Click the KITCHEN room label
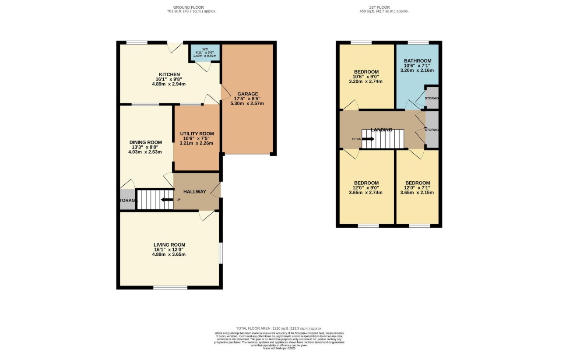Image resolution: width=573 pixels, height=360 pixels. pyautogui.click(x=169, y=74)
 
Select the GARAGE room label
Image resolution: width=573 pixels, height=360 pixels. pyautogui.click(x=248, y=94)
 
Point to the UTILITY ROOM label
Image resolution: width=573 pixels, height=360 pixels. pyautogui.click(x=197, y=134)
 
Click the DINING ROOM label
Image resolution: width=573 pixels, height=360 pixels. pyautogui.click(x=145, y=142)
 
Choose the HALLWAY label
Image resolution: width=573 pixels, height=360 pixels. pyautogui.click(x=194, y=192)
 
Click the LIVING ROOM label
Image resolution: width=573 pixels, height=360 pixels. pyautogui.click(x=169, y=245)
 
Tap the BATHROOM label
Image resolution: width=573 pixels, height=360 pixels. pyautogui.click(x=418, y=61)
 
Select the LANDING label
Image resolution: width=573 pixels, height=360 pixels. pyautogui.click(x=381, y=130)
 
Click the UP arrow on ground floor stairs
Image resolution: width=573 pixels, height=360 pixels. pyautogui.click(x=166, y=200)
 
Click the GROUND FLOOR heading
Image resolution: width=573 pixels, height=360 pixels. pyautogui.click(x=188, y=7)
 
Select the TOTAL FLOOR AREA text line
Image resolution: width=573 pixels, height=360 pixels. pyautogui.click(x=279, y=328)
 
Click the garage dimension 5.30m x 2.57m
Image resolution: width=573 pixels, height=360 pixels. pyautogui.click(x=248, y=104)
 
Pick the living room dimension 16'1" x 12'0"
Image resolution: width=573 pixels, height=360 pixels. pyautogui.click(x=169, y=250)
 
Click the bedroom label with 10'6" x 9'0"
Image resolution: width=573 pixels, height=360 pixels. pyautogui.click(x=366, y=72)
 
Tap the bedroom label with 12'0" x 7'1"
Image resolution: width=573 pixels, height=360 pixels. pyautogui.click(x=417, y=183)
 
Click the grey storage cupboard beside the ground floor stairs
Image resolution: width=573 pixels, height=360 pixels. pyautogui.click(x=127, y=200)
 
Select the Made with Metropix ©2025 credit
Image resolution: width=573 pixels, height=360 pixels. pyautogui.click(x=279, y=348)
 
